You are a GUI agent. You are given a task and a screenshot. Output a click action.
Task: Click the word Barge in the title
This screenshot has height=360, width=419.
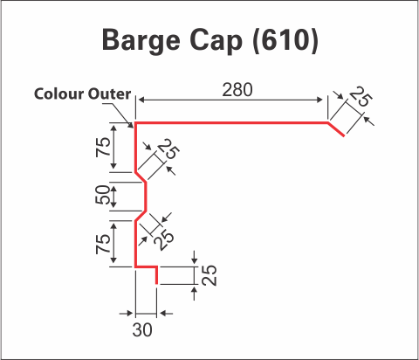141,41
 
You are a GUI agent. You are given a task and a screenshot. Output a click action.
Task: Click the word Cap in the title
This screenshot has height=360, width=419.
216,41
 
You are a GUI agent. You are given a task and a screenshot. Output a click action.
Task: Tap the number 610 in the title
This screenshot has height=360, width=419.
285,40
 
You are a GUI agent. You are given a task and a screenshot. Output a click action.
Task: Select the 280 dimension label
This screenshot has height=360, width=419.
237,90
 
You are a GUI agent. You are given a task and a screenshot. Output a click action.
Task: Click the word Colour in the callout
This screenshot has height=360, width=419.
58,93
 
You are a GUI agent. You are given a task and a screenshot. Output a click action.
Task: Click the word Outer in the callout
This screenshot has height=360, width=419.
109,93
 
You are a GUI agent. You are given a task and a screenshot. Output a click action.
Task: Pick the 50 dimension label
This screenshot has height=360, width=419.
103,195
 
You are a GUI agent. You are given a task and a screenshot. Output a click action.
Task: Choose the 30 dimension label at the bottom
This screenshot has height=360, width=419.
142,330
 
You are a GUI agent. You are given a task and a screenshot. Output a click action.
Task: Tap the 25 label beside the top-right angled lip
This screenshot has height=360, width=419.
360,96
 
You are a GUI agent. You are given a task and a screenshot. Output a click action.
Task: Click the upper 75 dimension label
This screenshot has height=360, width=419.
103,147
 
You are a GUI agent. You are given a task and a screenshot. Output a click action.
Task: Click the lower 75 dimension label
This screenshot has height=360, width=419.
103,244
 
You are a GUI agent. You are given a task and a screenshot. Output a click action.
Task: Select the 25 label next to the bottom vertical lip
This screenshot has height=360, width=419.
209,275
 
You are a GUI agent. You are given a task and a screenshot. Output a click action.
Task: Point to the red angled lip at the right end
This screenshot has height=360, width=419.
336,129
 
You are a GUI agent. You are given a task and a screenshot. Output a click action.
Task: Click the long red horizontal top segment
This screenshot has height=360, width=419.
231,123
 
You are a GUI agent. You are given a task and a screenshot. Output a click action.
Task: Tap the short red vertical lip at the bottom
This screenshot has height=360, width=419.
157,275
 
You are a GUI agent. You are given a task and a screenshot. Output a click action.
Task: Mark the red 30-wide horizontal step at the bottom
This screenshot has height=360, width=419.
146,267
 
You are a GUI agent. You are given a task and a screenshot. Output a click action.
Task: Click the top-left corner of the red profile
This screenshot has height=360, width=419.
135,122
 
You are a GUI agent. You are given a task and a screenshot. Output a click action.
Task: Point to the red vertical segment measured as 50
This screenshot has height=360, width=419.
146,196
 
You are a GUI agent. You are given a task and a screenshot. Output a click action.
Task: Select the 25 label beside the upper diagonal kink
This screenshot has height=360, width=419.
168,149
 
